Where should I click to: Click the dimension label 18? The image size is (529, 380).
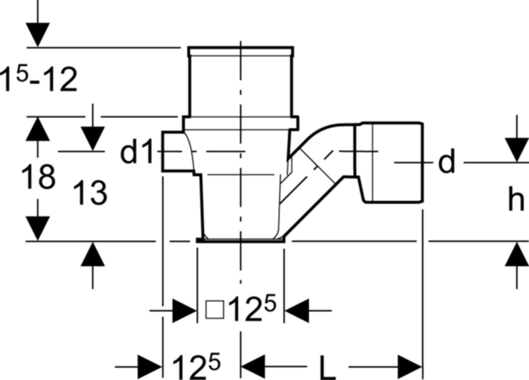tap(39, 177)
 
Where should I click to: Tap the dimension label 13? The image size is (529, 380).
tap(90, 192)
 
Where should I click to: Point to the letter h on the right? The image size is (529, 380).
tap(516, 199)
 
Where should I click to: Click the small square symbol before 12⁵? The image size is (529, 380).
tap(215, 310)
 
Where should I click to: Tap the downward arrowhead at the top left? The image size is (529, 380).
tap(37, 34)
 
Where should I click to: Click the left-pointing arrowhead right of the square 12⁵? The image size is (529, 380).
tap(297, 310)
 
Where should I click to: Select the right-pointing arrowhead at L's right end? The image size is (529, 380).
tap(410, 367)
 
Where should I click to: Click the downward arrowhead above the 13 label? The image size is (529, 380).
tap(93, 138)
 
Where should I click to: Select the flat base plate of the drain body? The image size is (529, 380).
tap(241, 240)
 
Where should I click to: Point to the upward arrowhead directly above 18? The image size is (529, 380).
tap(37, 129)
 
